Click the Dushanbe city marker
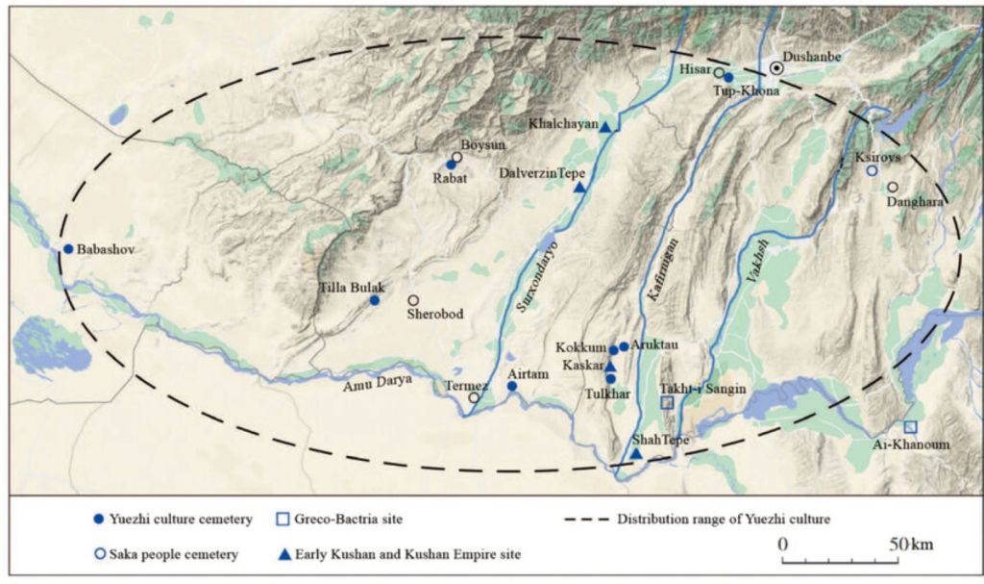pyautogui.click(x=776, y=69)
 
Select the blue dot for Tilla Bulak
pyautogui.click(x=375, y=300)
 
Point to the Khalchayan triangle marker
pyautogui.click(x=606, y=126)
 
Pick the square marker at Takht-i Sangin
pyautogui.click(x=667, y=402)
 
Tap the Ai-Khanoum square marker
pyautogui.click(x=910, y=426)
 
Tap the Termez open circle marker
pyautogui.click(x=474, y=397)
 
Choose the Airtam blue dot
pyautogui.click(x=512, y=387)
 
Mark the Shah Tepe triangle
pyautogui.click(x=636, y=453)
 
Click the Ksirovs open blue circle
pyautogui.click(x=872, y=170)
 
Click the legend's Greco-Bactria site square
pyautogui.click(x=283, y=520)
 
